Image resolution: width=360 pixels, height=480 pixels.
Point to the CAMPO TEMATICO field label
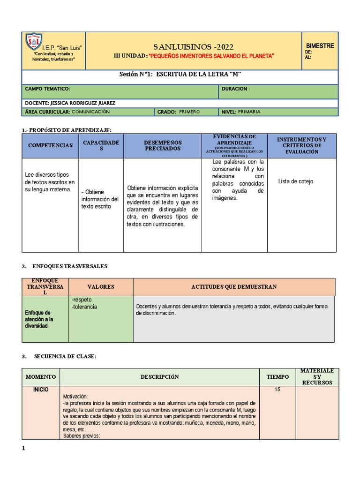pyautogui.click(x=47, y=89)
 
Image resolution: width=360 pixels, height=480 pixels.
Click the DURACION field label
pyautogui.click(x=235, y=89)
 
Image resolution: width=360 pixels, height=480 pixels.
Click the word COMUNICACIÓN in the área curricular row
pyautogui.click(x=91, y=112)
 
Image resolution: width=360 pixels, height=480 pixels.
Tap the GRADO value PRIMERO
pyautogui.click(x=189, y=112)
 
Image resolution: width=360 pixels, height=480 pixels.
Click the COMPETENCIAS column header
pyautogui.click(x=50, y=145)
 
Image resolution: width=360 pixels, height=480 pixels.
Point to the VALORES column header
pyautogui.click(x=101, y=286)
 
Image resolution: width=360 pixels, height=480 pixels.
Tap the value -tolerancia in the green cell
pyautogui.click(x=84, y=306)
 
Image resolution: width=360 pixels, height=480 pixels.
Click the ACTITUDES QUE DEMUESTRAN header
pyautogui.click(x=234, y=286)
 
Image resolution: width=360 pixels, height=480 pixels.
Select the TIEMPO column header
pyautogui.click(x=278, y=376)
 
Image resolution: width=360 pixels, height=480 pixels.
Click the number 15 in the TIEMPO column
pyautogui.click(x=277, y=390)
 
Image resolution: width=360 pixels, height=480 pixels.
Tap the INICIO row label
pyautogui.click(x=40, y=390)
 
